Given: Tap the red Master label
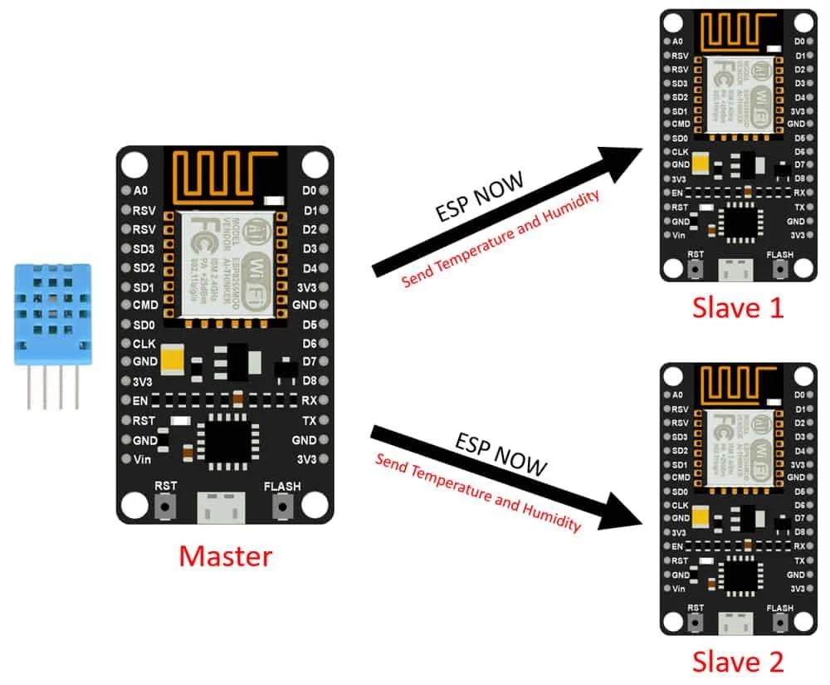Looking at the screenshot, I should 225,555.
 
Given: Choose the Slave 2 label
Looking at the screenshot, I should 738,662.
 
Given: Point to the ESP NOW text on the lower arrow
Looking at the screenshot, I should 500,454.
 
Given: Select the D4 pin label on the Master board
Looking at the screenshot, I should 310,267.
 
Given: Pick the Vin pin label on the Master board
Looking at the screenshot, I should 142,458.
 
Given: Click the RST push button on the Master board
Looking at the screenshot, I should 165,505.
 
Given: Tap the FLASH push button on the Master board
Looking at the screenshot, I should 283,505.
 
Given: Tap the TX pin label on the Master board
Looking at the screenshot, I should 310,420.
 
